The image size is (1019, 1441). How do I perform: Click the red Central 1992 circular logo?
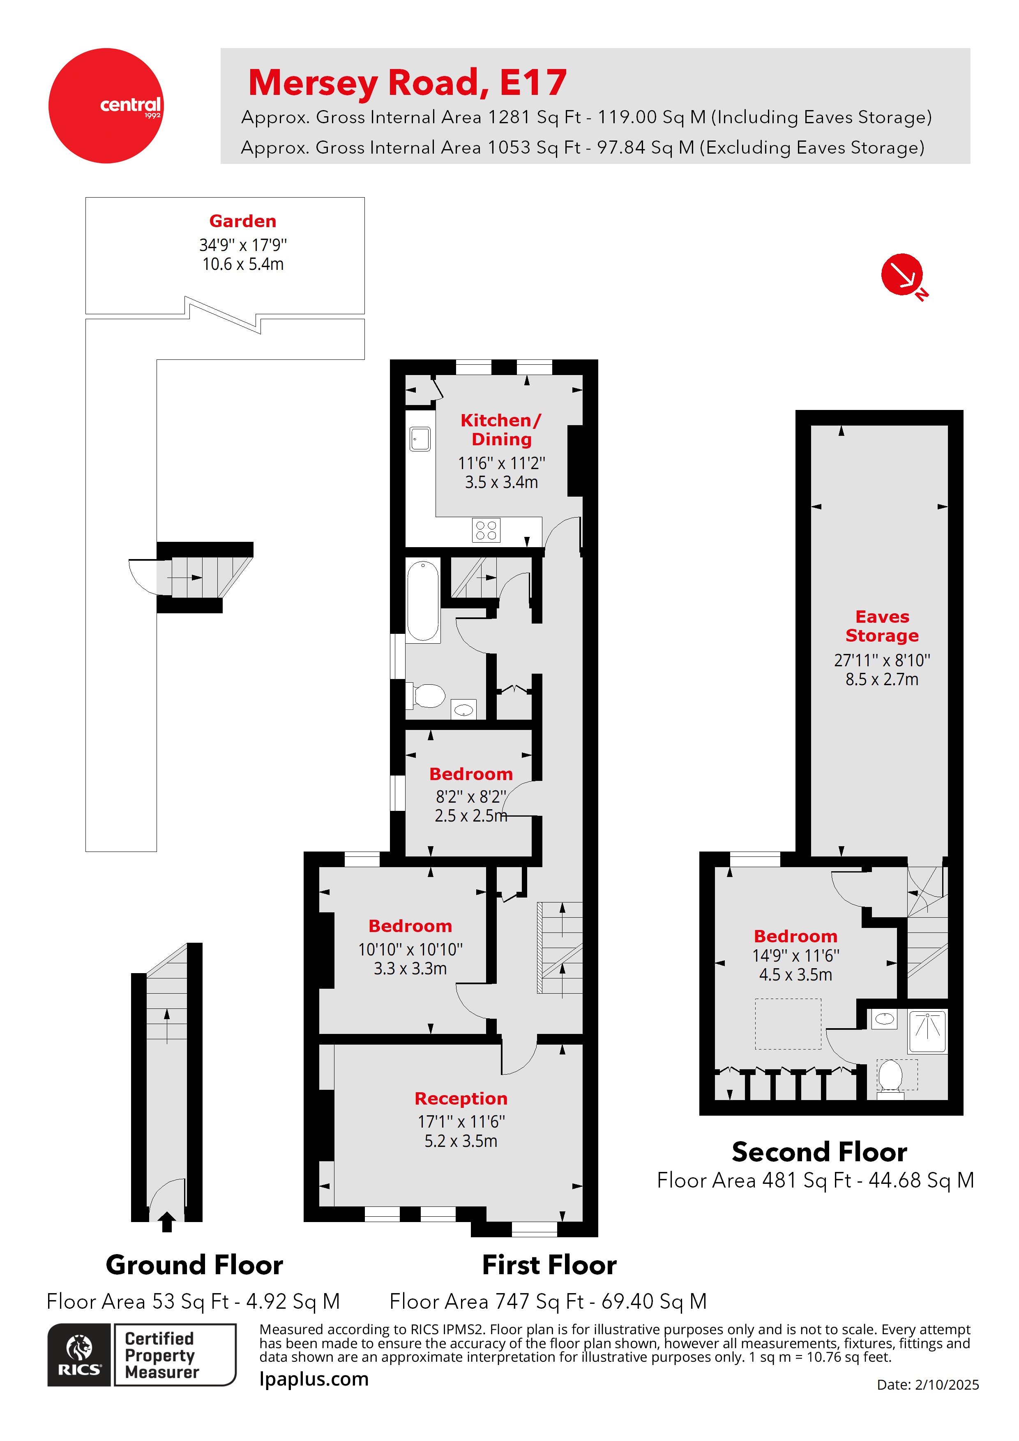click(106, 106)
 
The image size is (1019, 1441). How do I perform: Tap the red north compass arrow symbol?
click(902, 275)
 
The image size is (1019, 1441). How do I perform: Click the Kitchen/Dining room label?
click(501, 429)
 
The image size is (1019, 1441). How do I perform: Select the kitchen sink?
click(420, 439)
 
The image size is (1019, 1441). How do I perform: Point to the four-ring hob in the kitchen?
click(486, 530)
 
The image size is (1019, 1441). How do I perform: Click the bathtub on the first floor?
click(422, 601)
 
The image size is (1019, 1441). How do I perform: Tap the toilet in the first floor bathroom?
click(429, 695)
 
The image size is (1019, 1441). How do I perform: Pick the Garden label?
click(242, 221)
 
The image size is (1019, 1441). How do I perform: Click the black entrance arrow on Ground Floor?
click(167, 1221)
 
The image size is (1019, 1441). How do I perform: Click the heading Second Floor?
click(819, 1152)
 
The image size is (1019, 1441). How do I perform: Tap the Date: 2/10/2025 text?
click(927, 1384)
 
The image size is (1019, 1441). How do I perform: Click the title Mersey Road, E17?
click(408, 82)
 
